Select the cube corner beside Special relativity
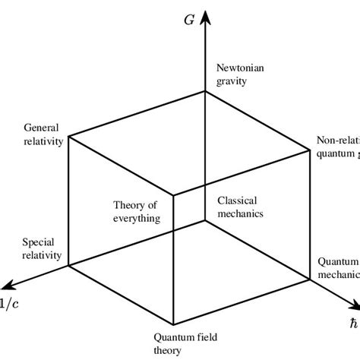(x=69, y=266)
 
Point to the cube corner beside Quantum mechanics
(x=311, y=280)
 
